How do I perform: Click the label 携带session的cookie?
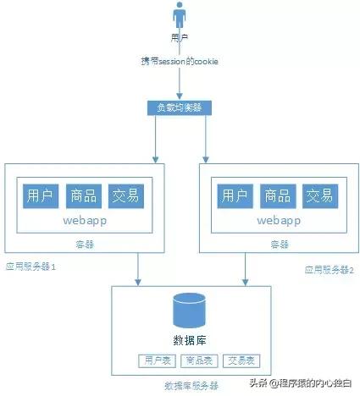(x=180, y=62)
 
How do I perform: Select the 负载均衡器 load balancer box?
(x=180, y=108)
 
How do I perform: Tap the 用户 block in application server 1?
(x=40, y=196)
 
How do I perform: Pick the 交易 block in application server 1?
(x=126, y=196)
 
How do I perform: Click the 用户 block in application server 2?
(x=234, y=196)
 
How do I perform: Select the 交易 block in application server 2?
(x=319, y=196)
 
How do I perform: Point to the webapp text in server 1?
(x=83, y=221)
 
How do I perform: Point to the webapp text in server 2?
(x=276, y=221)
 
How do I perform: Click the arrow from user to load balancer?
(x=180, y=85)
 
